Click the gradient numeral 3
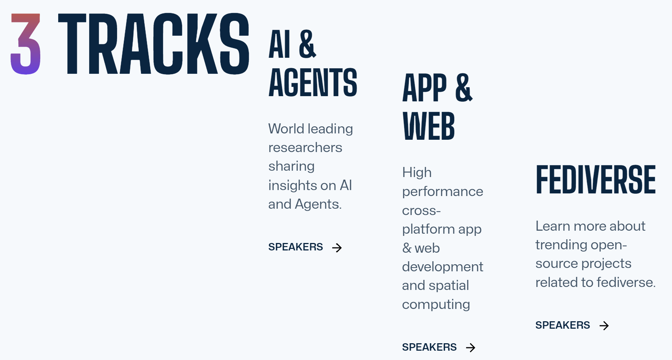pyautogui.click(x=25, y=44)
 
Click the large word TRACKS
pyautogui.click(x=154, y=44)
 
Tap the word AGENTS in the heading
pyautogui.click(x=313, y=82)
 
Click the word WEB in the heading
pyautogui.click(x=429, y=126)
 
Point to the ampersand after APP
pyautogui.click(x=464, y=88)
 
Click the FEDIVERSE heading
pyautogui.click(x=596, y=180)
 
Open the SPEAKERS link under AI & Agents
pyautogui.click(x=296, y=247)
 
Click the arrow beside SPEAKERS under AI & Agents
pyautogui.click(x=337, y=247)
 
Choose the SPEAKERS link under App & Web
pyautogui.click(x=429, y=347)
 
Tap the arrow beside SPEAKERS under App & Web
pyautogui.click(x=471, y=348)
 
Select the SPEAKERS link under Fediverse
pyautogui.click(x=563, y=325)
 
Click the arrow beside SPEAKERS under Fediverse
pyautogui.click(x=604, y=326)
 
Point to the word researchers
pyautogui.click(x=305, y=148)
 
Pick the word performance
pyautogui.click(x=443, y=192)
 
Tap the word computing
pyautogui.click(x=436, y=304)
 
